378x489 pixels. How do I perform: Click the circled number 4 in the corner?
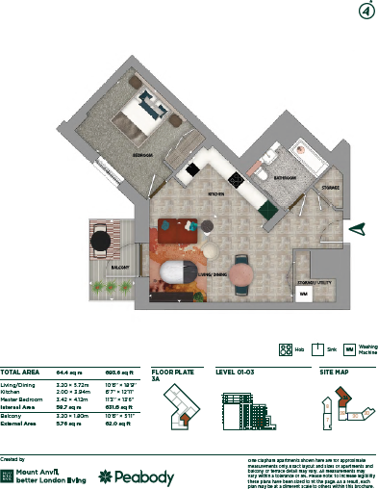(365, 12)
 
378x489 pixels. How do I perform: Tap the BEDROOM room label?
(146, 155)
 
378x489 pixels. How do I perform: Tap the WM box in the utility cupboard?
(303, 293)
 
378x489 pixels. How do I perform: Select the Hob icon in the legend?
(285, 349)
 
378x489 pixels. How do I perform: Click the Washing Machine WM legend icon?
(350, 349)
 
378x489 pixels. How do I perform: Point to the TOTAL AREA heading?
(20, 371)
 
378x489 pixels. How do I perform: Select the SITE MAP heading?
(336, 371)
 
